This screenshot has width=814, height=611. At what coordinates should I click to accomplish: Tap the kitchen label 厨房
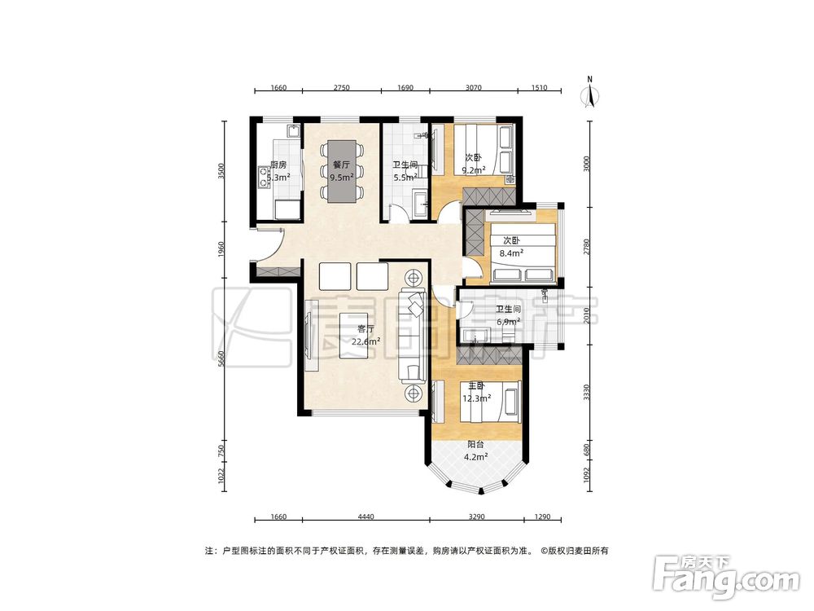278,165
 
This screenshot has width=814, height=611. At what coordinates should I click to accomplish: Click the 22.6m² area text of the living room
366,341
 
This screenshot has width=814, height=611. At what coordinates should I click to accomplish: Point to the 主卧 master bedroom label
476,386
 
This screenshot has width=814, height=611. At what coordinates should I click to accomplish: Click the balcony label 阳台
476,445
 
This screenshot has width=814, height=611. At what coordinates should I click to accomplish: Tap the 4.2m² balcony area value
475,457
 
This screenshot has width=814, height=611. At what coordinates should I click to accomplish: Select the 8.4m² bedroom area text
511,253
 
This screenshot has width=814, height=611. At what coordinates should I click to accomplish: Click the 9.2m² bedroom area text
474,169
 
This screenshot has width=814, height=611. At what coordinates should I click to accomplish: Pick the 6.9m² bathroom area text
508,322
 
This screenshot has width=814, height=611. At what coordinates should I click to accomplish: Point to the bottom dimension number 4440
366,517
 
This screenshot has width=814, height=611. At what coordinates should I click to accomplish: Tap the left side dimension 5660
221,359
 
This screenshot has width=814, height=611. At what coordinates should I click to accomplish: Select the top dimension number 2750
341,88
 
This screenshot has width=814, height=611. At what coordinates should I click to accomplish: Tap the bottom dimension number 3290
476,517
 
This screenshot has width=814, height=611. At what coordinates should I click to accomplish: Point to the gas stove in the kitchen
263,176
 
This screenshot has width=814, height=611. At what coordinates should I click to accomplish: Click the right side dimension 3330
587,393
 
